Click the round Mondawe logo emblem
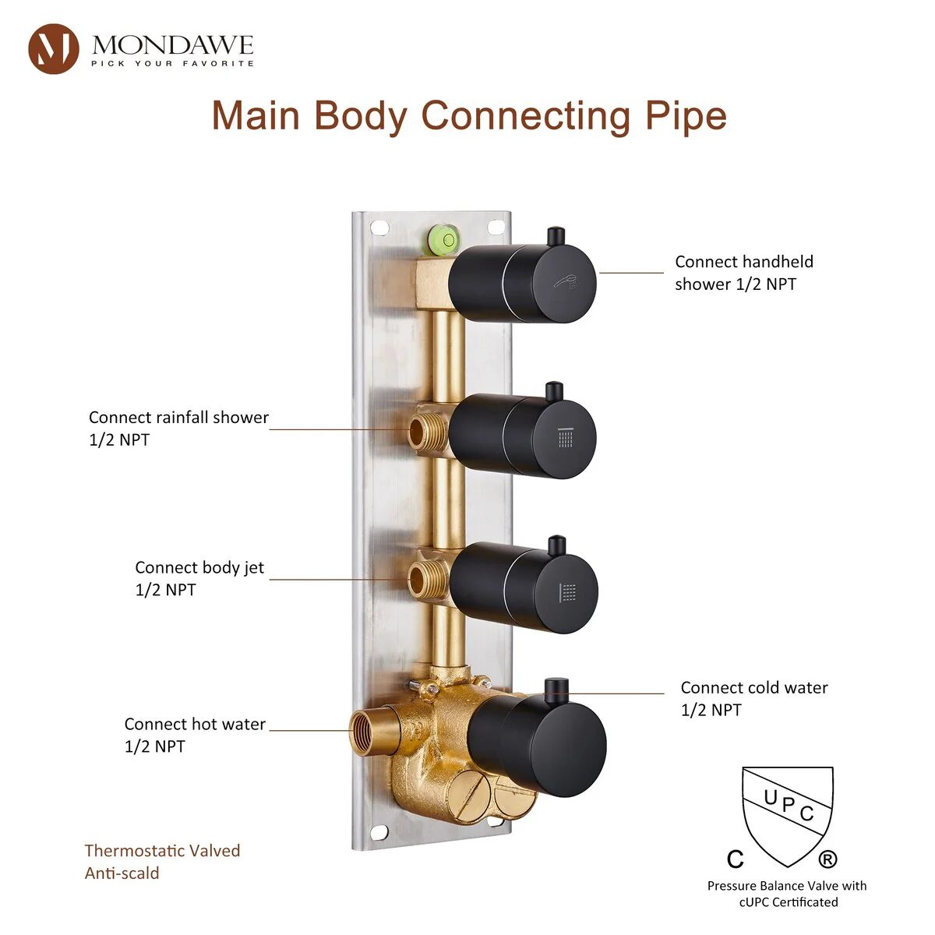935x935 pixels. [x=53, y=49]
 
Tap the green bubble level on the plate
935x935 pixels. [x=443, y=238]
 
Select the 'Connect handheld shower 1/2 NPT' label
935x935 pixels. [x=743, y=273]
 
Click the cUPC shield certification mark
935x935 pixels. [x=787, y=814]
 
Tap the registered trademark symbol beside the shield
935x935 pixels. [x=827, y=859]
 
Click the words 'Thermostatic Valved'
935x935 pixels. [x=162, y=851]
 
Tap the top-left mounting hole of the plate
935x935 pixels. [x=379, y=228]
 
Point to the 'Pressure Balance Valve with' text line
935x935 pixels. [x=787, y=886]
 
